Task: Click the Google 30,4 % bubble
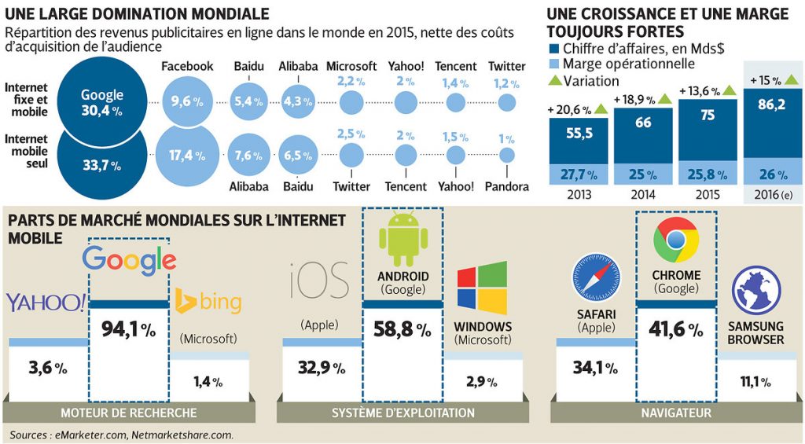102,102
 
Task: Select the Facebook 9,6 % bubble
186,101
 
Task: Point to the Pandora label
506,186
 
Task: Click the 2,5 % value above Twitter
351,134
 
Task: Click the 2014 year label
642,195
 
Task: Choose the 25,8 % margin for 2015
707,173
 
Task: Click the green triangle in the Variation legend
554,81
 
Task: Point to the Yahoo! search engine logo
46,302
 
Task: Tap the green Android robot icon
402,238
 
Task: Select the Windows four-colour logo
482,288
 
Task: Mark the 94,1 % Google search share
128,329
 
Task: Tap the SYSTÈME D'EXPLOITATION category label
402,413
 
